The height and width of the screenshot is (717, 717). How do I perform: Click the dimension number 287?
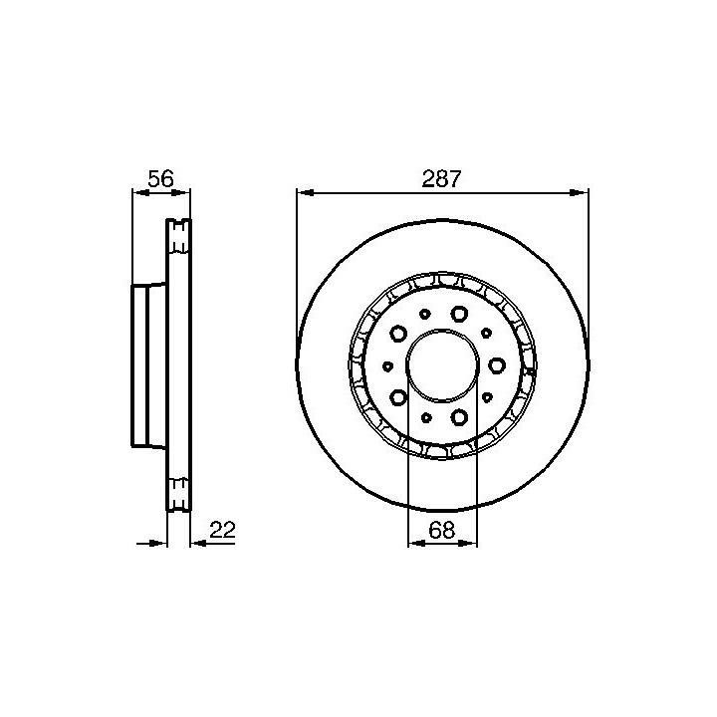point(441,179)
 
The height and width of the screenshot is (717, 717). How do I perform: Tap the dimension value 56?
point(161,179)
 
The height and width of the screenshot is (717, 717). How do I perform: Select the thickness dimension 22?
point(222,530)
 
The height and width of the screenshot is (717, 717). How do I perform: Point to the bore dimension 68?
point(442,531)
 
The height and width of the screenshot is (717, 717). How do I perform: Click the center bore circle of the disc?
point(406,365)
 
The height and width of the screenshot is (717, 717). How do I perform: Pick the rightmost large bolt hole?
point(497,365)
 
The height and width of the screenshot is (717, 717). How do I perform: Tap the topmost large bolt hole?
point(459,314)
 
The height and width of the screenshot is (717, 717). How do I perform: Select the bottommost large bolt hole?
point(459,417)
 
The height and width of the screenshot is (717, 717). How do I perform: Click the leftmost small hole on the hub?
point(387,365)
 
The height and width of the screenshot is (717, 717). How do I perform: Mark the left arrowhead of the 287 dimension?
point(305,193)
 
